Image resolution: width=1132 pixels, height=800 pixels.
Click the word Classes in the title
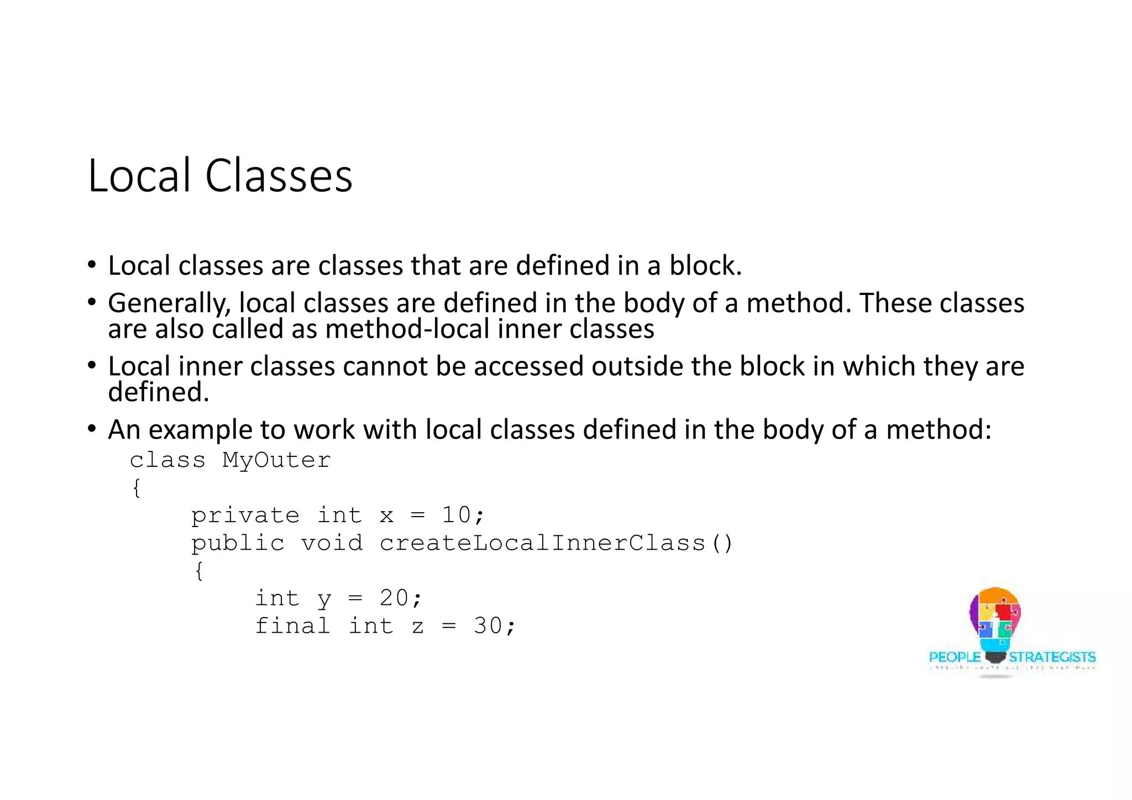[279, 176]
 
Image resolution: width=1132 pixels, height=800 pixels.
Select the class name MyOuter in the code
[276, 460]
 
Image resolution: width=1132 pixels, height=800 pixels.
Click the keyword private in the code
[245, 515]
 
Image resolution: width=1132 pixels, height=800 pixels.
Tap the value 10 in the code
[456, 515]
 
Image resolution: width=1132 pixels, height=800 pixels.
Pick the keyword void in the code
[332, 543]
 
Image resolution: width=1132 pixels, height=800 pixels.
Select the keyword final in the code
[292, 626]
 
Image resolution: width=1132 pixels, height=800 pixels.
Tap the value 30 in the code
[488, 625]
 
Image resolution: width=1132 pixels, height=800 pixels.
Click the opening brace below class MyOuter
[137, 488]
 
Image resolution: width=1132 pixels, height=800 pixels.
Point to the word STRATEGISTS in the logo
[1052, 657]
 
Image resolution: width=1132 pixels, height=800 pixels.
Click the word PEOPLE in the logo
[955, 657]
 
